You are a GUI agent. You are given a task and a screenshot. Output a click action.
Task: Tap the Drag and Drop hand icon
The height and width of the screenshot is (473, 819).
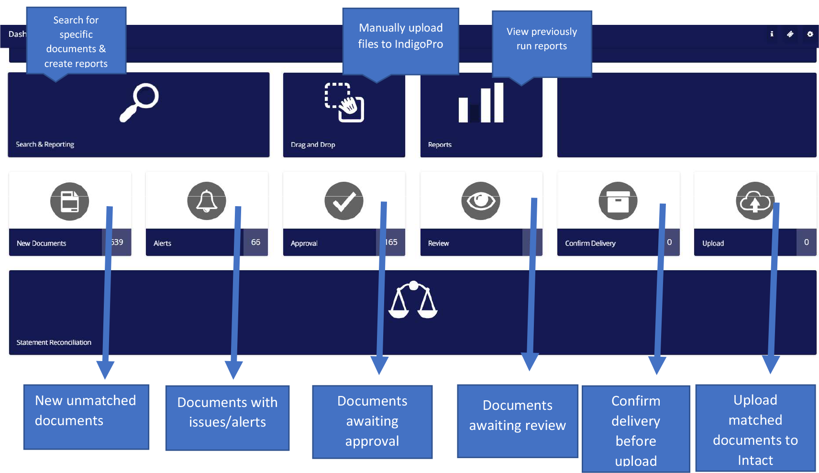click(x=344, y=102)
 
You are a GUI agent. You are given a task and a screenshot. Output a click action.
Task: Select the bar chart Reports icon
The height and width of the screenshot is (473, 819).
click(x=481, y=103)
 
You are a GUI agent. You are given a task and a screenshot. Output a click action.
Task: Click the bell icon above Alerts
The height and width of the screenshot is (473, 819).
click(x=207, y=201)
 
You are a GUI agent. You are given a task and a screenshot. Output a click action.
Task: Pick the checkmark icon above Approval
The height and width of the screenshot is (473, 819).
click(x=343, y=201)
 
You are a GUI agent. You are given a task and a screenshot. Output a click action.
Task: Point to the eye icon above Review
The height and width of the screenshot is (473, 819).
click(x=481, y=201)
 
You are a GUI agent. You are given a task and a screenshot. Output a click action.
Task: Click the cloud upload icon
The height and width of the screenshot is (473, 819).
click(x=755, y=201)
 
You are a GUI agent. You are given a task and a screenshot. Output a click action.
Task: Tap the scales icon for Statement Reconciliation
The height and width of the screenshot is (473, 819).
click(x=413, y=300)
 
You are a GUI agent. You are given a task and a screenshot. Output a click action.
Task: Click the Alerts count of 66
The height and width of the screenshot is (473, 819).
click(x=255, y=242)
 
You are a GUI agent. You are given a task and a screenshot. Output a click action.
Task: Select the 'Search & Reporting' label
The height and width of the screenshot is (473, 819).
click(x=45, y=144)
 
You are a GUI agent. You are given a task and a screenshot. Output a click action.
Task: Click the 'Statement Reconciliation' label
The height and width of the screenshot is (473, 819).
click(x=54, y=342)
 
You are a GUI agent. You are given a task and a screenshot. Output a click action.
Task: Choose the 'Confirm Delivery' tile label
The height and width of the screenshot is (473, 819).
click(x=590, y=243)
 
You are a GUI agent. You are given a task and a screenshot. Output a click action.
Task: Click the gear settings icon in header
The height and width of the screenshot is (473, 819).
click(x=810, y=34)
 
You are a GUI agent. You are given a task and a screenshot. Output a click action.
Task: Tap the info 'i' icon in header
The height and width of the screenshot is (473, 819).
click(x=772, y=34)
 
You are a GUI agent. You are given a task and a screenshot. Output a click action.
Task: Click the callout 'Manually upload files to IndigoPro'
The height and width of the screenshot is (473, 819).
click(x=400, y=36)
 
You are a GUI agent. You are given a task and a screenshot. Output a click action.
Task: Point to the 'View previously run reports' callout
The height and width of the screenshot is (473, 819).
click(x=542, y=39)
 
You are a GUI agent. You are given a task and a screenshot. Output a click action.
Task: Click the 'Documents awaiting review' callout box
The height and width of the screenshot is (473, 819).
click(x=518, y=416)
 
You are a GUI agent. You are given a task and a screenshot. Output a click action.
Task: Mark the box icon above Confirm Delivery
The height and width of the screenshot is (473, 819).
click(x=618, y=201)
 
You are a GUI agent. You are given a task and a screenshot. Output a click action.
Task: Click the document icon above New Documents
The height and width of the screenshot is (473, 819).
click(x=69, y=201)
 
